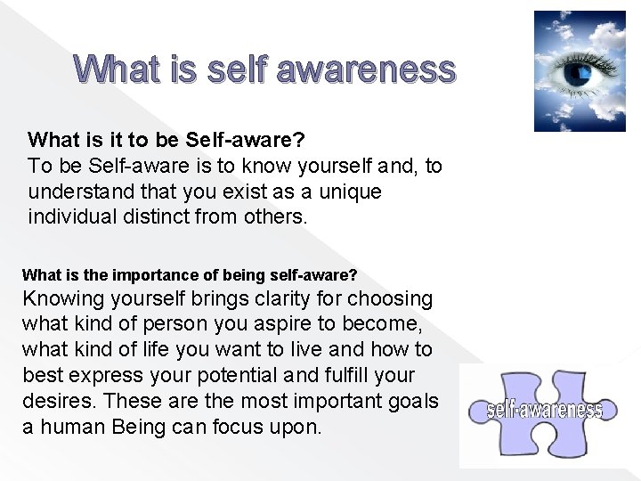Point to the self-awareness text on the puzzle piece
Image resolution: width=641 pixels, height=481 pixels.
545,410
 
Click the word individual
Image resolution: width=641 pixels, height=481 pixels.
72,216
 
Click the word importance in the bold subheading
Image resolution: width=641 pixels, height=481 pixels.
136,275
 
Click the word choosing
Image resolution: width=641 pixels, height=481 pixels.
390,298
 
